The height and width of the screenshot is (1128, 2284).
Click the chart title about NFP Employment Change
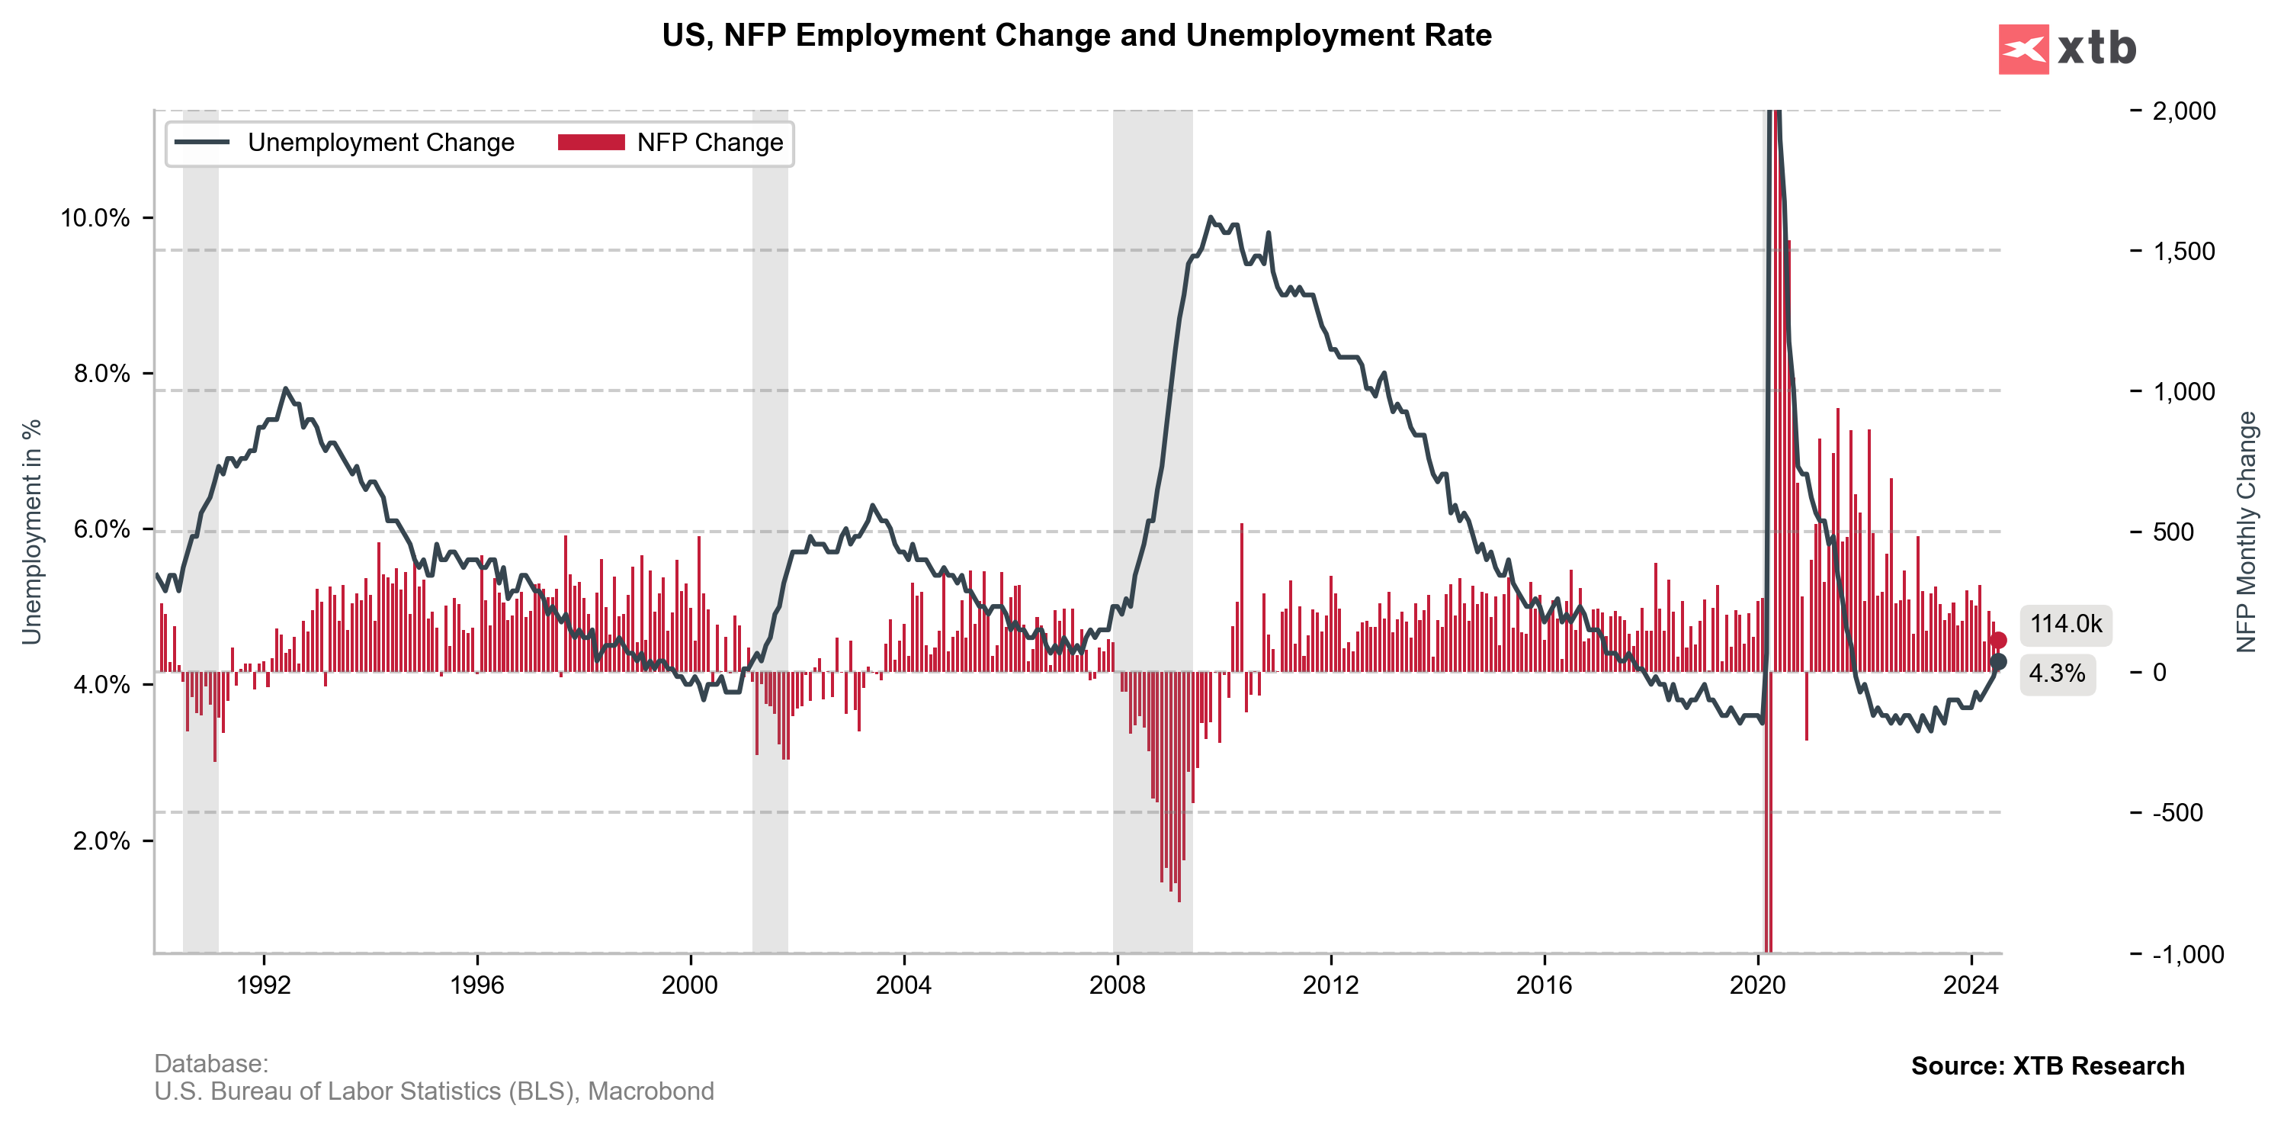pyautogui.click(x=1076, y=36)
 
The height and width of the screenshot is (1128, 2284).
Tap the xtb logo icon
pyautogui.click(x=2023, y=49)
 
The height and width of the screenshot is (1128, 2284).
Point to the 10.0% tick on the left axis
pyautogui.click(x=95, y=218)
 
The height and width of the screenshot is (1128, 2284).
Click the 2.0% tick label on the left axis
pyautogui.click(x=100, y=840)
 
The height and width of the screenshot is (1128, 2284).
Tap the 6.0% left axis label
pyautogui.click(x=100, y=529)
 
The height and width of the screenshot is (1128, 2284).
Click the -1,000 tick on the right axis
pyautogui.click(x=2187, y=954)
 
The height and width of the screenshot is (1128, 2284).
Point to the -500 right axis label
pyautogui.click(x=2177, y=813)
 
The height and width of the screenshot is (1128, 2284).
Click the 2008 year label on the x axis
pyautogui.click(x=1117, y=985)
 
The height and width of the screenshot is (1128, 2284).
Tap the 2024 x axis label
pyautogui.click(x=1970, y=985)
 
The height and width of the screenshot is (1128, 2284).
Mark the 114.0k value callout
pyautogui.click(x=2066, y=625)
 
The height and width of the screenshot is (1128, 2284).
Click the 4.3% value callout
pyautogui.click(x=2057, y=674)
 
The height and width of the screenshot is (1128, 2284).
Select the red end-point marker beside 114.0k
pyautogui.click(x=1997, y=640)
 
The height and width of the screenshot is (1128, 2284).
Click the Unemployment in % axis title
pyautogui.click(x=32, y=532)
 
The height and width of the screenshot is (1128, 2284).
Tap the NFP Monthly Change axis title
pyautogui.click(x=2246, y=532)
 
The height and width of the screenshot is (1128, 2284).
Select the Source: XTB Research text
pyautogui.click(x=2047, y=1066)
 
